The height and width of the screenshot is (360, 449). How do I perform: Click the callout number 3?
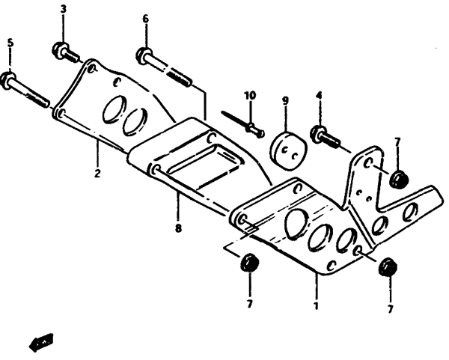pos(64,9)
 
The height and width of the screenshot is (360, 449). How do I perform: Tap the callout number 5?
pos(10,43)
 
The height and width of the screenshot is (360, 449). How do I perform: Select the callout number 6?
pos(146,19)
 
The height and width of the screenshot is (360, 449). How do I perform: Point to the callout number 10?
pos(250,95)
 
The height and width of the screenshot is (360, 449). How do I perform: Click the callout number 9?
pos(285,100)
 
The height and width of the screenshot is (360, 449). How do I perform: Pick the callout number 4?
pos(319,95)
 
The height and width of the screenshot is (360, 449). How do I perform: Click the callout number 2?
pos(97,173)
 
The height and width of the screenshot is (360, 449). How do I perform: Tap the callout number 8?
pos(178,228)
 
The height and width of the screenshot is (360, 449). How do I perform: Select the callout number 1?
pos(316,305)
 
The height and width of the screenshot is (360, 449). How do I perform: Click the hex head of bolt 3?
pos(60,50)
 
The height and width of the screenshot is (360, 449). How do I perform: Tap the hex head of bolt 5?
pos(8,81)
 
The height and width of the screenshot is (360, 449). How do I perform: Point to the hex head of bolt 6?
pos(144,55)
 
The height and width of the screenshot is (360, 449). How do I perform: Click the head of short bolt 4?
pos(317,133)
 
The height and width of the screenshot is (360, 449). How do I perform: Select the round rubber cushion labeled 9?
pos(288,151)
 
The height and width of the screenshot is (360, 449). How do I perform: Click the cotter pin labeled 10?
pos(242,123)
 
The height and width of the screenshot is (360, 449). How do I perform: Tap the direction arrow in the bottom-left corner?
pos(41,342)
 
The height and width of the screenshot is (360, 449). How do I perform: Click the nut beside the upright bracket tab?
pos(399,180)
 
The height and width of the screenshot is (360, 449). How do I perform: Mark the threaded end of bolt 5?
pos(37,100)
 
